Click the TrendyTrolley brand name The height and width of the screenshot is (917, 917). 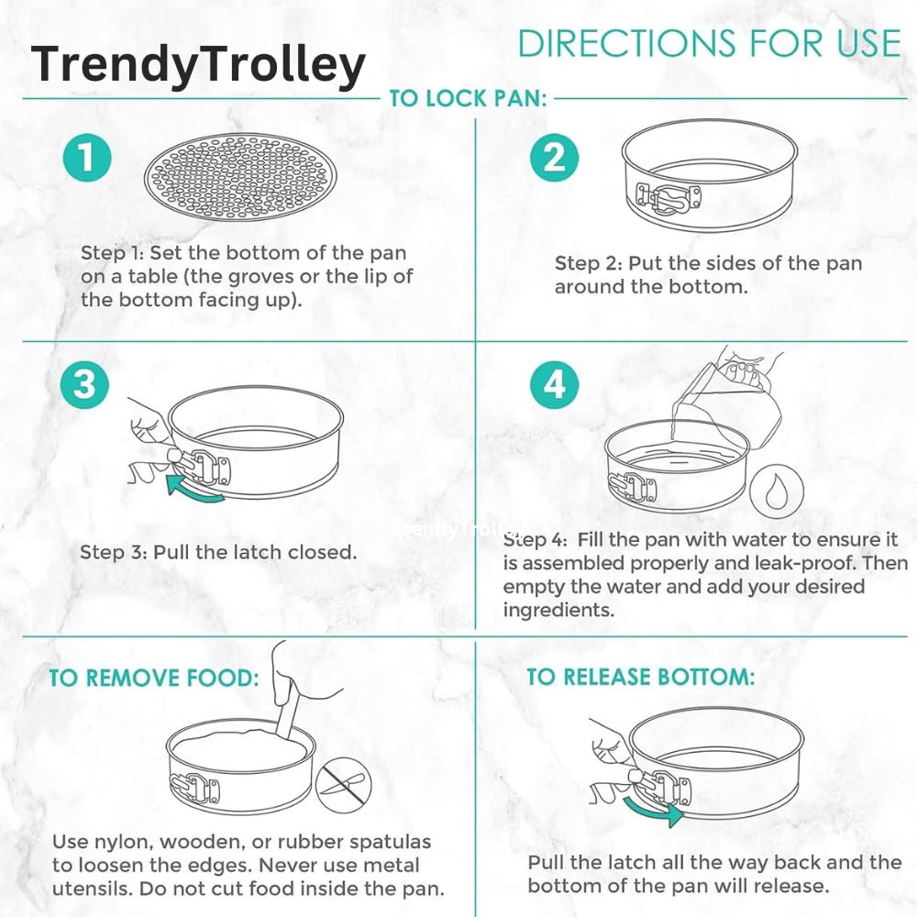pyautogui.click(x=198, y=64)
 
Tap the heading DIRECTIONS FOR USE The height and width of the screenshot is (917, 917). pyautogui.click(x=710, y=43)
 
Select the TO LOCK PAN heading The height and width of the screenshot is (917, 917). pyautogui.click(x=468, y=98)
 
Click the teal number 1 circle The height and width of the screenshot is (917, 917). pyautogui.click(x=87, y=158)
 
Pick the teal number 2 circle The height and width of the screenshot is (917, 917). pyautogui.click(x=555, y=158)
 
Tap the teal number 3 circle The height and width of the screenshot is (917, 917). pyautogui.click(x=84, y=384)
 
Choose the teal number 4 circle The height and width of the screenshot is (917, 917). pyautogui.click(x=555, y=384)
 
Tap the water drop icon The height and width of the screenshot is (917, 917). pyautogui.click(x=777, y=491)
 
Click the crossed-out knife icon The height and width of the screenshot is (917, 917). pyautogui.click(x=343, y=785)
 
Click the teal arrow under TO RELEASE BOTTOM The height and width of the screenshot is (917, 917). pyautogui.click(x=653, y=810)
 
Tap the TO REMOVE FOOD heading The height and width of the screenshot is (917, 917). pyautogui.click(x=153, y=679)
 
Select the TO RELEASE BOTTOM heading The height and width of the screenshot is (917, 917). pyautogui.click(x=641, y=677)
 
